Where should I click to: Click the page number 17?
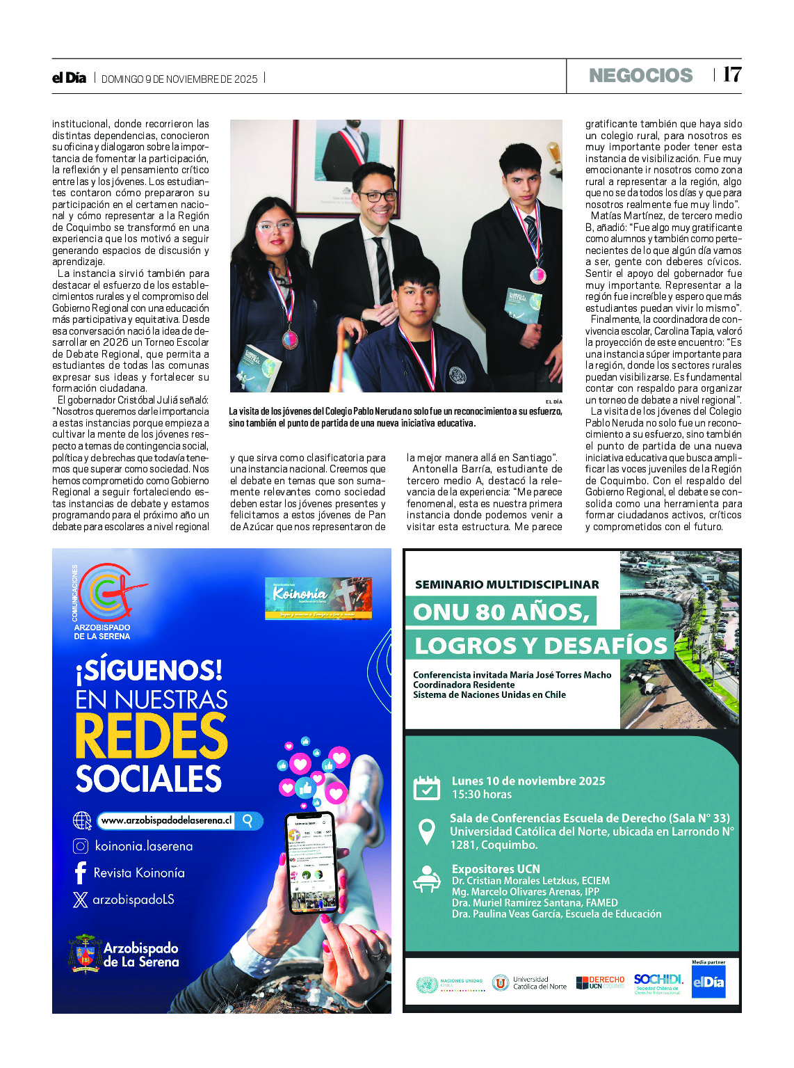[732, 74]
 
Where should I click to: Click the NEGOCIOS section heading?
[640, 75]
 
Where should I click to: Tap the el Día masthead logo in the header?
[69, 78]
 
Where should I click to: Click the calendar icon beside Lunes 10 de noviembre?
[427, 788]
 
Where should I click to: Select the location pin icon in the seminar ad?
[426, 831]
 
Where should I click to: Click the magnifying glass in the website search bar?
[248, 820]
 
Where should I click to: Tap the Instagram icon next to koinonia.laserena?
[81, 846]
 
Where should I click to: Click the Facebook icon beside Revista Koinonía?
[81, 872]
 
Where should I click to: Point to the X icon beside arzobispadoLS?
[81, 900]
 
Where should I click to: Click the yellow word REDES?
[152, 736]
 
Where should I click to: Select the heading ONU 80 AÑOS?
[501, 612]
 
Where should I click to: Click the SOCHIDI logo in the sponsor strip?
[658, 982]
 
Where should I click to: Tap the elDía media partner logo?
[708, 982]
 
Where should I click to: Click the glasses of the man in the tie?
[377, 196]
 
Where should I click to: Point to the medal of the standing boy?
[538, 275]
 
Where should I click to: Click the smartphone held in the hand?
[311, 861]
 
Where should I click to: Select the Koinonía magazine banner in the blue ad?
[318, 598]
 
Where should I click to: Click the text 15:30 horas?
[482, 795]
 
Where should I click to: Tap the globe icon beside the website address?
[82, 820]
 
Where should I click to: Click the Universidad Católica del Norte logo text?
[539, 982]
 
